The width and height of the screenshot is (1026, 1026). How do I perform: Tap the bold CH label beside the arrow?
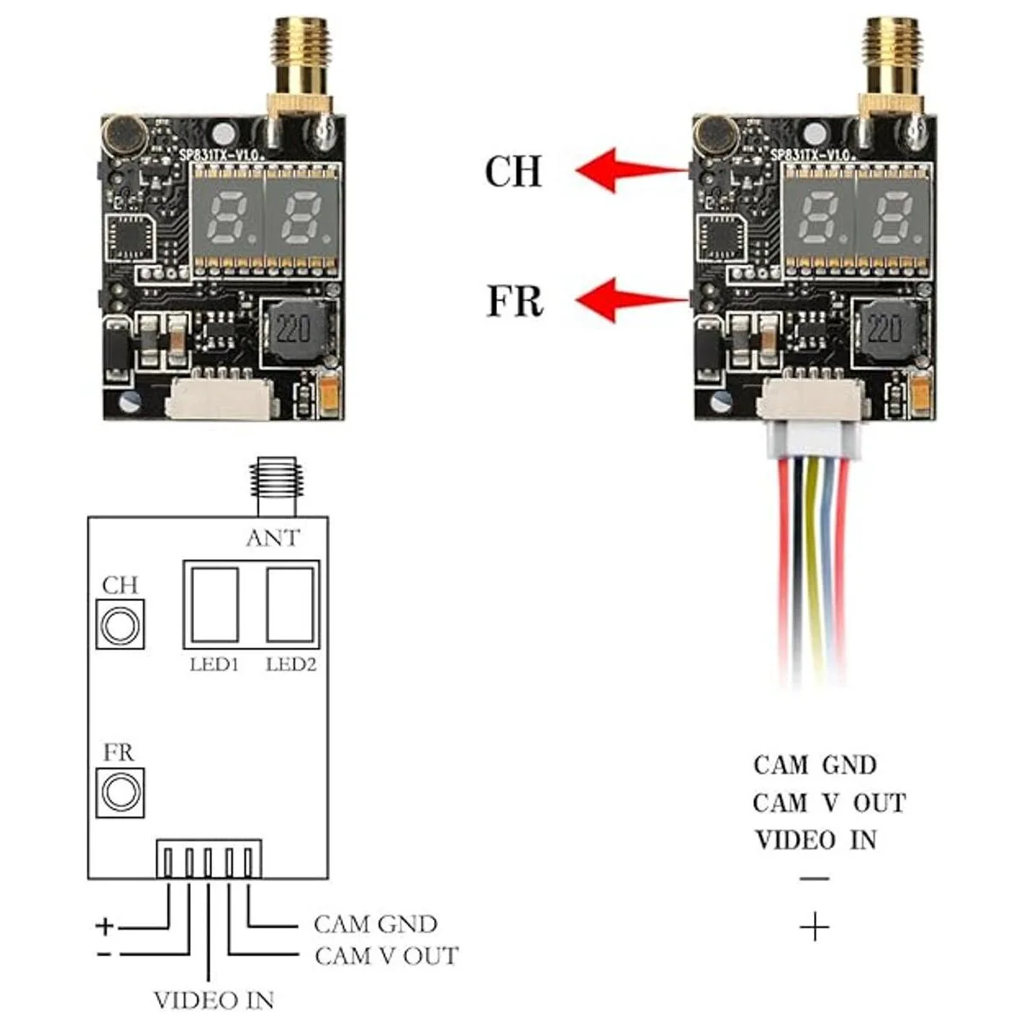pos(513,171)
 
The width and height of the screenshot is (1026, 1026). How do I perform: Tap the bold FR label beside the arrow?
pos(515,302)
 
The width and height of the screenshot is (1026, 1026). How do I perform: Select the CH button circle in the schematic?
pos(120,624)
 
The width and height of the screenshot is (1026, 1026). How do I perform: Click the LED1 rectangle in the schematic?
pos(214,604)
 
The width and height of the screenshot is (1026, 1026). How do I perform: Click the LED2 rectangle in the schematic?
pos(291,604)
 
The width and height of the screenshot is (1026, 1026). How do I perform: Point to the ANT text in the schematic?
pos(273,538)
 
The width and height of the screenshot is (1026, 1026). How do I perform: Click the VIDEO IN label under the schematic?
pos(214,999)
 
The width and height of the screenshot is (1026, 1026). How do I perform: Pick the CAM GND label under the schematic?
pos(375,924)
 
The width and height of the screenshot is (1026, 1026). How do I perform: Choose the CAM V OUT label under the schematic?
pos(386,955)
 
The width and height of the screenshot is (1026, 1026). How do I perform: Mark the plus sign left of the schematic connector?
pos(104,925)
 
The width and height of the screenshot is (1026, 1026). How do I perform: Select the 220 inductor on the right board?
pos(889,328)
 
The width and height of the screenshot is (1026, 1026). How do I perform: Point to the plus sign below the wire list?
pos(816,926)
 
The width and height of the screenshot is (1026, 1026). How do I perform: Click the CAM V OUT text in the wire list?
pos(828,803)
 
